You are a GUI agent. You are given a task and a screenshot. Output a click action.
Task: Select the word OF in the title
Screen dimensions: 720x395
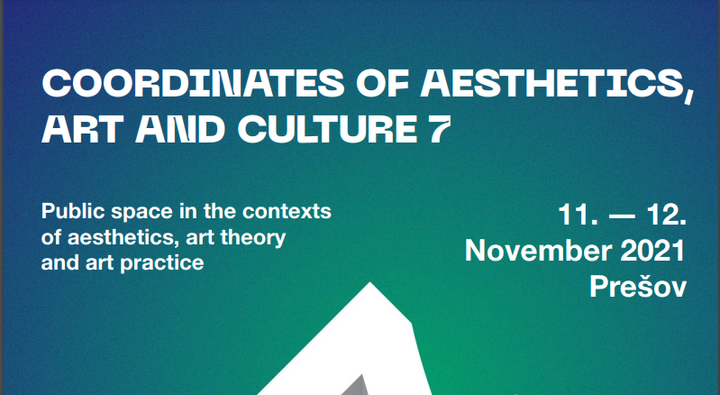(382, 83)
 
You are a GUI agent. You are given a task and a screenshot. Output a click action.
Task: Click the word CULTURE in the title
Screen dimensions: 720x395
(327, 129)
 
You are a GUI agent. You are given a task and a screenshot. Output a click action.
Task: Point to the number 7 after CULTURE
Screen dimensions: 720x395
(439, 129)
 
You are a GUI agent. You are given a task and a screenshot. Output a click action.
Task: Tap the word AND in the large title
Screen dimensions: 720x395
(180, 129)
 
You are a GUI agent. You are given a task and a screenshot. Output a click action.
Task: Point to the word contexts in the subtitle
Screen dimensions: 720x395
(287, 212)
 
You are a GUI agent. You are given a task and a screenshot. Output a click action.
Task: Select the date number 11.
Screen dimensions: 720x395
(579, 215)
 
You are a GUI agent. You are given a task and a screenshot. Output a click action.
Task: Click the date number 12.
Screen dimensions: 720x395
(666, 215)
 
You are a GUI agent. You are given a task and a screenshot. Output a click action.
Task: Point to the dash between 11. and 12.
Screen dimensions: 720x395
(622, 216)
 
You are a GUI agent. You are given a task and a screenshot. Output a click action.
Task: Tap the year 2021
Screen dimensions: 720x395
(653, 251)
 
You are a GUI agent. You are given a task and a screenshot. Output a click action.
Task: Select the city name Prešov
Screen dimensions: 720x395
(638, 287)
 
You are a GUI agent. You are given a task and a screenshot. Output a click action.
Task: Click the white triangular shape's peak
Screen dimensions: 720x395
(370, 282)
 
